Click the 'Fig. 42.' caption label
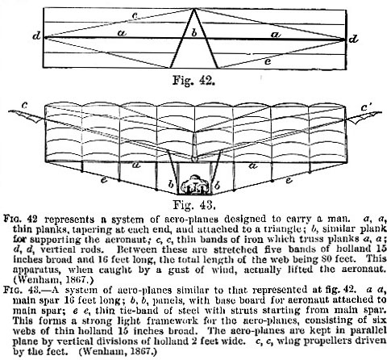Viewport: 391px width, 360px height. pos(193,80)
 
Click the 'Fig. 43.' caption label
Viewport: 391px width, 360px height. pos(194,205)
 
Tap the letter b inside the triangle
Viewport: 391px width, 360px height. pos(194,33)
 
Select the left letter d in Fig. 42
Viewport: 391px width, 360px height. pos(36,36)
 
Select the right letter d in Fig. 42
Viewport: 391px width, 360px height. pos(353,40)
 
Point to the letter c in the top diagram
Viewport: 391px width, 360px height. pos(135,15)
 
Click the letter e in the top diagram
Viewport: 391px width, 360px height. pos(268,61)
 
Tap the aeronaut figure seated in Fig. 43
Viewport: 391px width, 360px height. pos(194,185)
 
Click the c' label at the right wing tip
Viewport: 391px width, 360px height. pos(367,107)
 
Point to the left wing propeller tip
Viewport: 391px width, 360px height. pos(9,111)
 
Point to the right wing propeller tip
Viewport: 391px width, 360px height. pos(381,112)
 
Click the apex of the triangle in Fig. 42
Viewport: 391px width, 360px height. pos(193,9)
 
